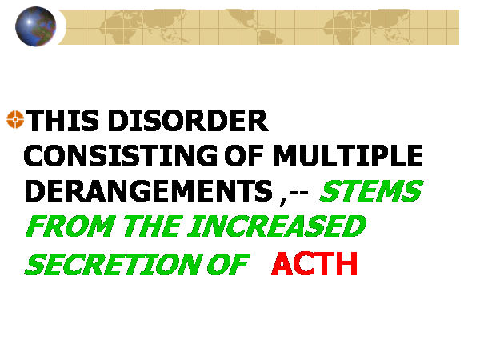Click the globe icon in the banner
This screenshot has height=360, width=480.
36,26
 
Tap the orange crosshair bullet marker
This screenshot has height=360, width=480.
15,119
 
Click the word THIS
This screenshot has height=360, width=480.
62,120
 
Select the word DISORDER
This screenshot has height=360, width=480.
188,120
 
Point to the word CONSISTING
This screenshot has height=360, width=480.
121,155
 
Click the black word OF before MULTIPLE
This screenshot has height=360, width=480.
244,155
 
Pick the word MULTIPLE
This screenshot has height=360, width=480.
348,155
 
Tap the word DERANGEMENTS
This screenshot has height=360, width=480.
149,190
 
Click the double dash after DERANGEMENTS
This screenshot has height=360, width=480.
298,194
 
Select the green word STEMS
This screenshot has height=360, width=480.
371,190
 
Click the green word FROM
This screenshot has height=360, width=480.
70,226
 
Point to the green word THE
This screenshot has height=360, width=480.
153,226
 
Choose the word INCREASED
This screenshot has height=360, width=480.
277,226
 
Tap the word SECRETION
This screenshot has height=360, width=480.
114,264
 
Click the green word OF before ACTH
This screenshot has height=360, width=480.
228,264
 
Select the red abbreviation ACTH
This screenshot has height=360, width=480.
314,263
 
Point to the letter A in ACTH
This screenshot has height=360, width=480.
282,263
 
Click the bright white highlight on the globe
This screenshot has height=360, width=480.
29,22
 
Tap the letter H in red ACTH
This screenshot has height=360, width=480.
347,263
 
